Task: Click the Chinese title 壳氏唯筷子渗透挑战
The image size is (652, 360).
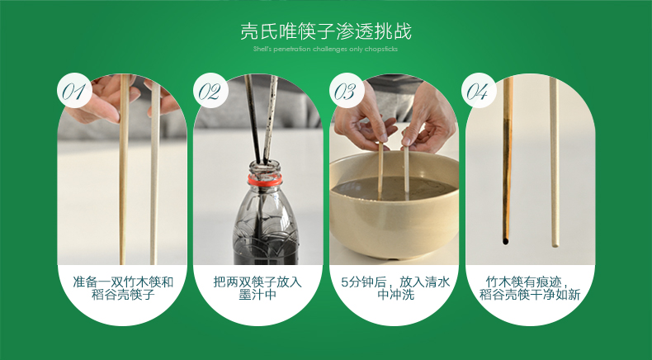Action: (326, 32)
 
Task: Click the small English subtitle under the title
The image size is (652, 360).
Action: (326, 49)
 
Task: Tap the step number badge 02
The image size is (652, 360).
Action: (210, 91)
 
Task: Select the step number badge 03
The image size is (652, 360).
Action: (346, 91)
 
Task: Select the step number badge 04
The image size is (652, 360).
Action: (481, 91)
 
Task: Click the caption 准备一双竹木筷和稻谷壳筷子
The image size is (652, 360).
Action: (123, 287)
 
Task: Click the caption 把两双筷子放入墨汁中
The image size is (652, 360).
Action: (257, 287)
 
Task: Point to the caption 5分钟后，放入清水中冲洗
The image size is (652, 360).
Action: (395, 287)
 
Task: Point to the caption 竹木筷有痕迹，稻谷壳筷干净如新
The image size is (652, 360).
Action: (530, 287)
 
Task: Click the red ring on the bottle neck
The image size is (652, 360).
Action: (263, 178)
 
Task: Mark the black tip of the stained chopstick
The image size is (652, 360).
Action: (505, 241)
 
